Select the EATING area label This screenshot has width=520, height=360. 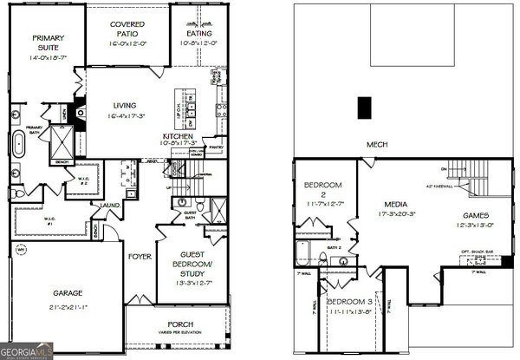coord(196,33)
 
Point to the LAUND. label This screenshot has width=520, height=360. coord(110,206)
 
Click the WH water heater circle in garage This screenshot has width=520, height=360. coord(21,251)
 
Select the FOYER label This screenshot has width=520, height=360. coord(140,257)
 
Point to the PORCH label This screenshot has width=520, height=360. coord(180,325)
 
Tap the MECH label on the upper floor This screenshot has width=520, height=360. coord(376,144)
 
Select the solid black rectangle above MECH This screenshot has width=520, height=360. coord(365,107)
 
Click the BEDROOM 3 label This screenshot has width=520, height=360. coord(350,301)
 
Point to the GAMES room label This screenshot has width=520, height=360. coord(476,214)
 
